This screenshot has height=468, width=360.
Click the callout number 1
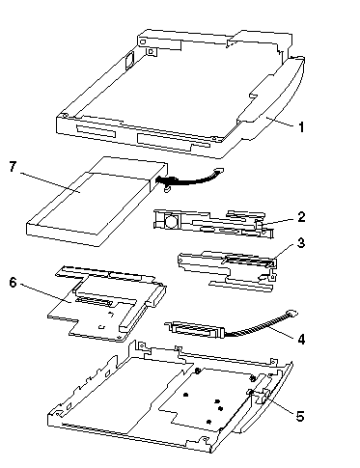pyautogui.click(x=301, y=127)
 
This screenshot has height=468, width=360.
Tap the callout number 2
pyautogui.click(x=301, y=217)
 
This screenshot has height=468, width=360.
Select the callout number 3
pyautogui.click(x=301, y=243)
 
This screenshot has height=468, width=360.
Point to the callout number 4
pyautogui.click(x=301, y=339)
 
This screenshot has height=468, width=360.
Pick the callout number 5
pyautogui.click(x=300, y=416)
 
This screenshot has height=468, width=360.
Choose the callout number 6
pyautogui.click(x=13, y=283)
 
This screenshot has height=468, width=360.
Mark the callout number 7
pyautogui.click(x=13, y=167)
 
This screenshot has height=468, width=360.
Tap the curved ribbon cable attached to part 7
pyautogui.click(x=190, y=179)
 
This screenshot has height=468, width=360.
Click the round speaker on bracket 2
pyautogui.click(x=171, y=221)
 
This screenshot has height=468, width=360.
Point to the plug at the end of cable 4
pyautogui.click(x=292, y=313)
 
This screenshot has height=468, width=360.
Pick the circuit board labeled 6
pyautogui.click(x=106, y=306)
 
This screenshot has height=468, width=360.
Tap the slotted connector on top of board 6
pyautogui.click(x=95, y=301)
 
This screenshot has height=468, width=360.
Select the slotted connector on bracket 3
pyautogui.click(x=249, y=262)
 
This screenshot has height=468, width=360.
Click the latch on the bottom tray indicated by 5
pyautogui.click(x=260, y=395)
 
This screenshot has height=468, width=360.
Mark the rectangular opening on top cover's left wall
pyautogui.click(x=130, y=60)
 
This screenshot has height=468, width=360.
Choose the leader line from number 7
pyautogui.click(x=51, y=182)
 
